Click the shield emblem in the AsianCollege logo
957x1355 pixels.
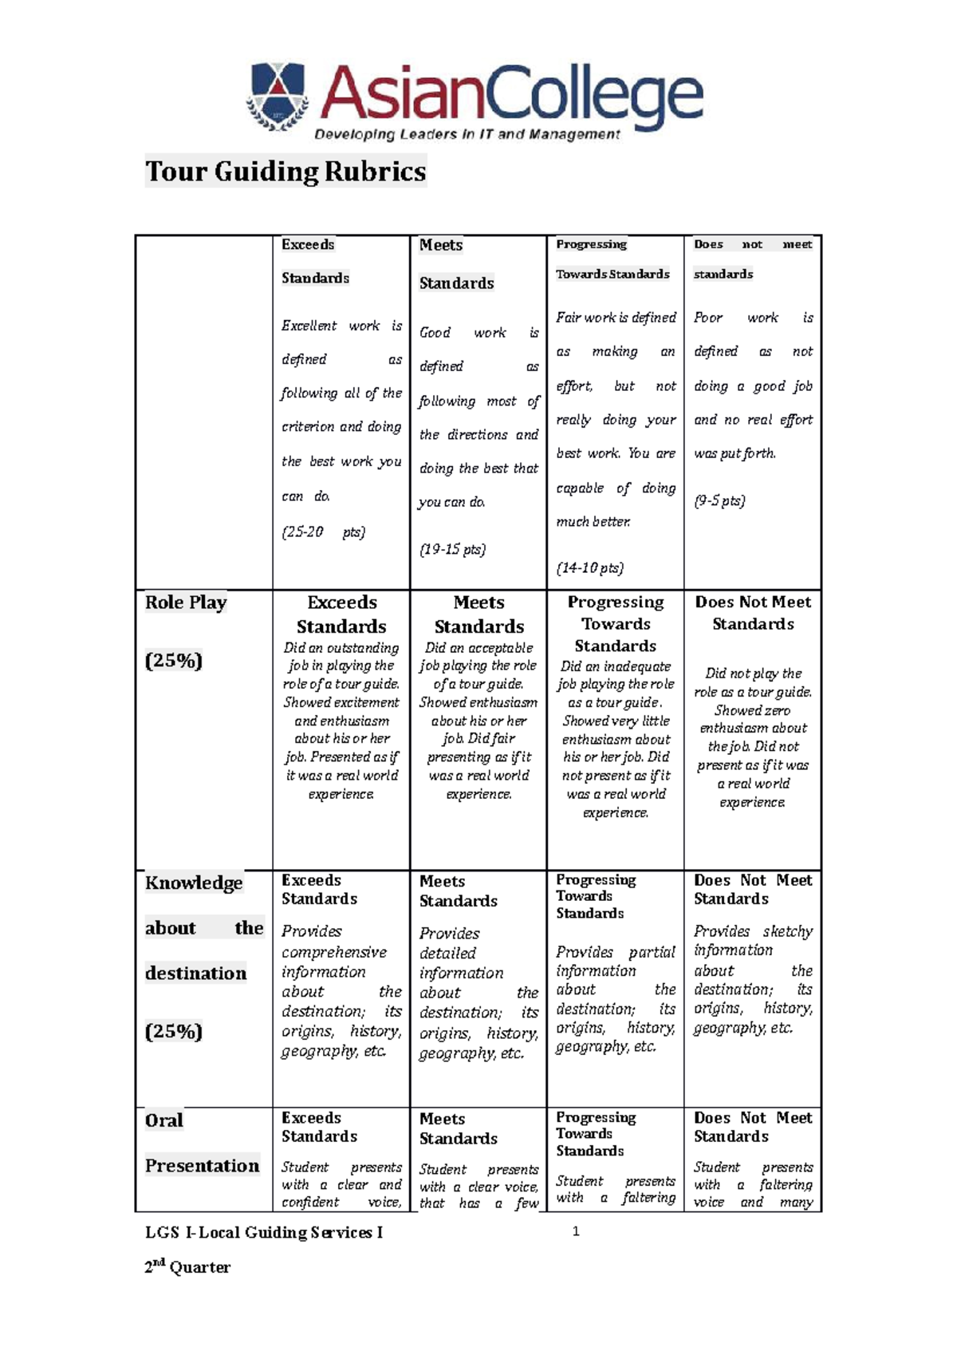point(277,95)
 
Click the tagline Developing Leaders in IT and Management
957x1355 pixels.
point(467,134)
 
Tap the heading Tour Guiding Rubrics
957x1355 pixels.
point(286,172)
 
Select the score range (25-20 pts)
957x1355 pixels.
point(323,531)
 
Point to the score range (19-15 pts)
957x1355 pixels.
point(452,549)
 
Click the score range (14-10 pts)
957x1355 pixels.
point(589,567)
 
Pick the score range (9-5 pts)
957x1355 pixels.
point(719,500)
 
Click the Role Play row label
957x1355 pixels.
point(186,602)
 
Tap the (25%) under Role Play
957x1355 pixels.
point(173,660)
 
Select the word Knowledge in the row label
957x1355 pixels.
point(194,883)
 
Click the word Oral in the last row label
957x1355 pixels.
point(164,1120)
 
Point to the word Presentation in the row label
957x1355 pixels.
point(202,1165)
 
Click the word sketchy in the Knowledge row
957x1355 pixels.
point(787,931)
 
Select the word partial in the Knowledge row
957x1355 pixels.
point(652,952)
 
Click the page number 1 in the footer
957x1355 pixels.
point(576,1231)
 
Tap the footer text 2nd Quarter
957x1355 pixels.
point(187,1267)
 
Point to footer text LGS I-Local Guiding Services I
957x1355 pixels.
point(263,1232)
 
